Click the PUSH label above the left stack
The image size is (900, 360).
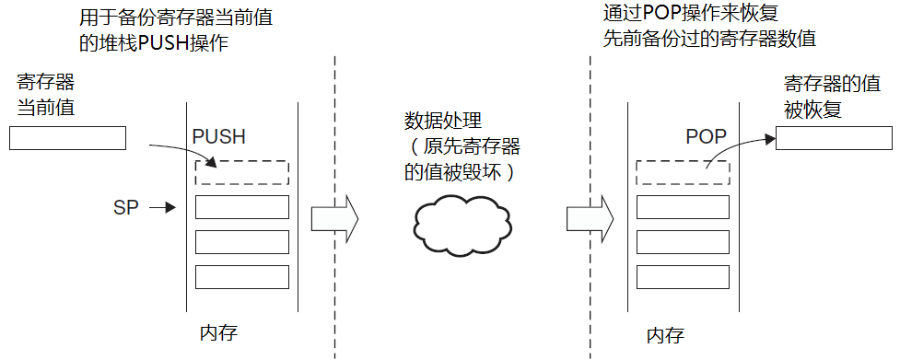point(218,137)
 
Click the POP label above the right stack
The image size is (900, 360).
point(706,137)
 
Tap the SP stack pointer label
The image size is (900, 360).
point(125,207)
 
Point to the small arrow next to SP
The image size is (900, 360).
point(162,208)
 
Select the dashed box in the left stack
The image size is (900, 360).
point(242,172)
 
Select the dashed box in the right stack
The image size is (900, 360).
point(683,172)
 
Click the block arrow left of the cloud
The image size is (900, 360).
point(333,218)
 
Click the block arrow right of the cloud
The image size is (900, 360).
point(590,218)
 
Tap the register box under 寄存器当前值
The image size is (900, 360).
point(67,138)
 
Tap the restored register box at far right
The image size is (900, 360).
point(834,138)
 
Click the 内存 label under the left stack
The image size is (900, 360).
point(218,331)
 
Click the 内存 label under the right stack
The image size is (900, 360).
point(665,334)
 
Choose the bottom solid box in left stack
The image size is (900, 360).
point(242,276)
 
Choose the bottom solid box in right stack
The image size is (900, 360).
point(683,276)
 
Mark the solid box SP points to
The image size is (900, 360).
point(242,207)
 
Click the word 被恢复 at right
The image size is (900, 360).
point(812,110)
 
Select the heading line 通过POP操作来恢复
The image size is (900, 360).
point(688,16)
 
